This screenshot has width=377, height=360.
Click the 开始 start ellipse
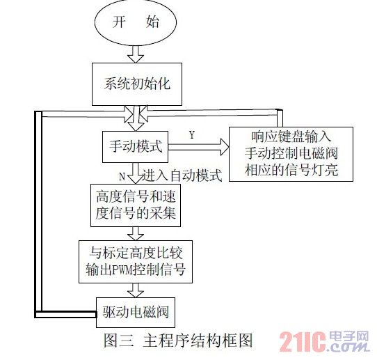pos(136,22)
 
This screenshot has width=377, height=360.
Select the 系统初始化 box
pos(137,84)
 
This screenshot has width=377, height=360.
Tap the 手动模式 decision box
pos(135,147)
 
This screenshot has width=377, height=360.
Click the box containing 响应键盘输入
pos(291,154)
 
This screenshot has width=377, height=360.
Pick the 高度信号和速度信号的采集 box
pos(136,205)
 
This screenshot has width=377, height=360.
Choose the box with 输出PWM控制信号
pos(136,262)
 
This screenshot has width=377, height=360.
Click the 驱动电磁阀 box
pos(136,313)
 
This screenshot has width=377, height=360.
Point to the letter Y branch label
pos(191,135)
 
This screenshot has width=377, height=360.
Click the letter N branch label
pos(122,177)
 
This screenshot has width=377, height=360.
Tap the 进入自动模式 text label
pos(182,175)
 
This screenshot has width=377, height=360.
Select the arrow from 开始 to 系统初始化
pos(136,54)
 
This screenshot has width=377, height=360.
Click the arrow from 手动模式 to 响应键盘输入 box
pos(198,147)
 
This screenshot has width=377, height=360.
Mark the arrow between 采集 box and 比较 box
pos(136,233)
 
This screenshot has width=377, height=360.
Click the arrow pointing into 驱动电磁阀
pos(136,290)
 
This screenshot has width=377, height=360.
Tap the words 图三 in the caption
pos(118,341)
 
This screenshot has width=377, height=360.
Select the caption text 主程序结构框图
pos(198,341)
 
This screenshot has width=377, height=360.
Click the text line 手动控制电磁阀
pos(291,153)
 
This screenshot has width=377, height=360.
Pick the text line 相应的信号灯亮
pos(291,170)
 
